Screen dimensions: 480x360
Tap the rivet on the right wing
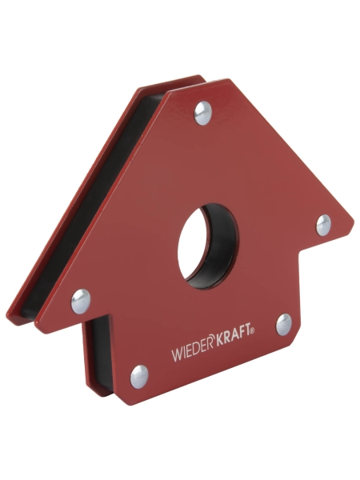[x=323, y=225]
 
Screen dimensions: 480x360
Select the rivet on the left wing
[x=80, y=301]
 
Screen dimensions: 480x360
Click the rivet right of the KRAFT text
[x=284, y=324]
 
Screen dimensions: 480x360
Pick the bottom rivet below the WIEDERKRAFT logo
[x=140, y=374]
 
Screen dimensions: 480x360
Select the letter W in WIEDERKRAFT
[x=174, y=355]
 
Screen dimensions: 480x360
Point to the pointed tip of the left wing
[x=10, y=310]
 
